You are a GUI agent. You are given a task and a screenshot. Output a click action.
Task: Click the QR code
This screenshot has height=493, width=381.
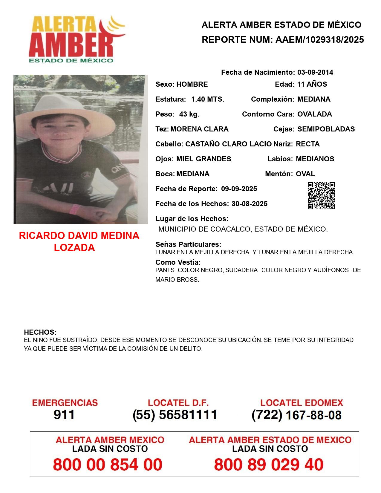click(321, 196)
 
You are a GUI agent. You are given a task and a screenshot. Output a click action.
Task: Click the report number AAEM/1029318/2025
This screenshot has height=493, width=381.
click(319, 40)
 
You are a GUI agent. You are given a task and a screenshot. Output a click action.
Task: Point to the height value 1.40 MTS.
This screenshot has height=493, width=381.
click(207, 99)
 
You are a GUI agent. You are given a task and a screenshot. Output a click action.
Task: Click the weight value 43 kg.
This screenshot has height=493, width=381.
click(189, 114)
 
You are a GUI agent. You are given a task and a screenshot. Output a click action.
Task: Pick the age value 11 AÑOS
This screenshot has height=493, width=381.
click(312, 84)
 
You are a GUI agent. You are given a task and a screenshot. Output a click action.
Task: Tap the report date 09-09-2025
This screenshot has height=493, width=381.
click(239, 189)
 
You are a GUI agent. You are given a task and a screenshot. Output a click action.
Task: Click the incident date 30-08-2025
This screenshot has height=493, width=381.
click(249, 204)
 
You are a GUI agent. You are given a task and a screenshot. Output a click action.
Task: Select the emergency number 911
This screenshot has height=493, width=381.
click(64, 415)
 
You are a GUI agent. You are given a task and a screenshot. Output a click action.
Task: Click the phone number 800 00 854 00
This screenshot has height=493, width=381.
click(108, 465)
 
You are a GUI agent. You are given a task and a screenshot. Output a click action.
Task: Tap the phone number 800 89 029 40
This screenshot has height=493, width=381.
click(269, 465)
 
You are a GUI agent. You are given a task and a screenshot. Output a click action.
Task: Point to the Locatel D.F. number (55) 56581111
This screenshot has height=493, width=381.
click(175, 415)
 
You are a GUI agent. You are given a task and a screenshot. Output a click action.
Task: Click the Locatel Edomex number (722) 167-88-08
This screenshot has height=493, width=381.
click(296, 415)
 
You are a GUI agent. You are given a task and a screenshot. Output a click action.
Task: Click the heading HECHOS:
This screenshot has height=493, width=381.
click(40, 332)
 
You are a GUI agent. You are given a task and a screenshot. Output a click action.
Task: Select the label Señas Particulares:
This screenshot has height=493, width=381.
click(188, 244)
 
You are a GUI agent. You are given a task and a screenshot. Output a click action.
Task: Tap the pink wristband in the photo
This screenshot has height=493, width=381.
click(74, 209)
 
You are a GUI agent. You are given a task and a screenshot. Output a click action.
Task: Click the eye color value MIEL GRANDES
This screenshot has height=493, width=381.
click(203, 159)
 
